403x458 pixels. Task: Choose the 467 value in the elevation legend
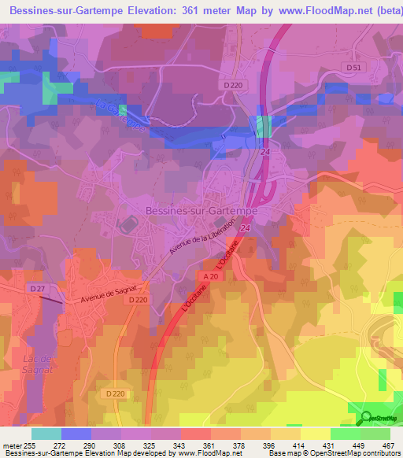(x=386, y=445)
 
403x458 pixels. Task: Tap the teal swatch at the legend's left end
(x=46, y=434)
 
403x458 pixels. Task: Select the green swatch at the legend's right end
(x=375, y=434)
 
